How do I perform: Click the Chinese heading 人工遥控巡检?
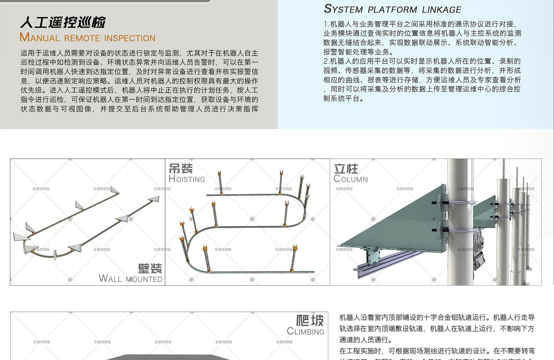63,22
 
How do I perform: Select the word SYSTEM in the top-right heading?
343,9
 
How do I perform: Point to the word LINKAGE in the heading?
441,10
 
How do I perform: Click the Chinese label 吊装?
181,168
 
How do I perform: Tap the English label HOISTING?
187,179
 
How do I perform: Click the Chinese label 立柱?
346,169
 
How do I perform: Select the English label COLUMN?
351,179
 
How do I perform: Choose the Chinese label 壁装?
150,268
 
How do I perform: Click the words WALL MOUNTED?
131,279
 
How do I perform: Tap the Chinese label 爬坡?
310,320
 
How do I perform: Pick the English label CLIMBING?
305,332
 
